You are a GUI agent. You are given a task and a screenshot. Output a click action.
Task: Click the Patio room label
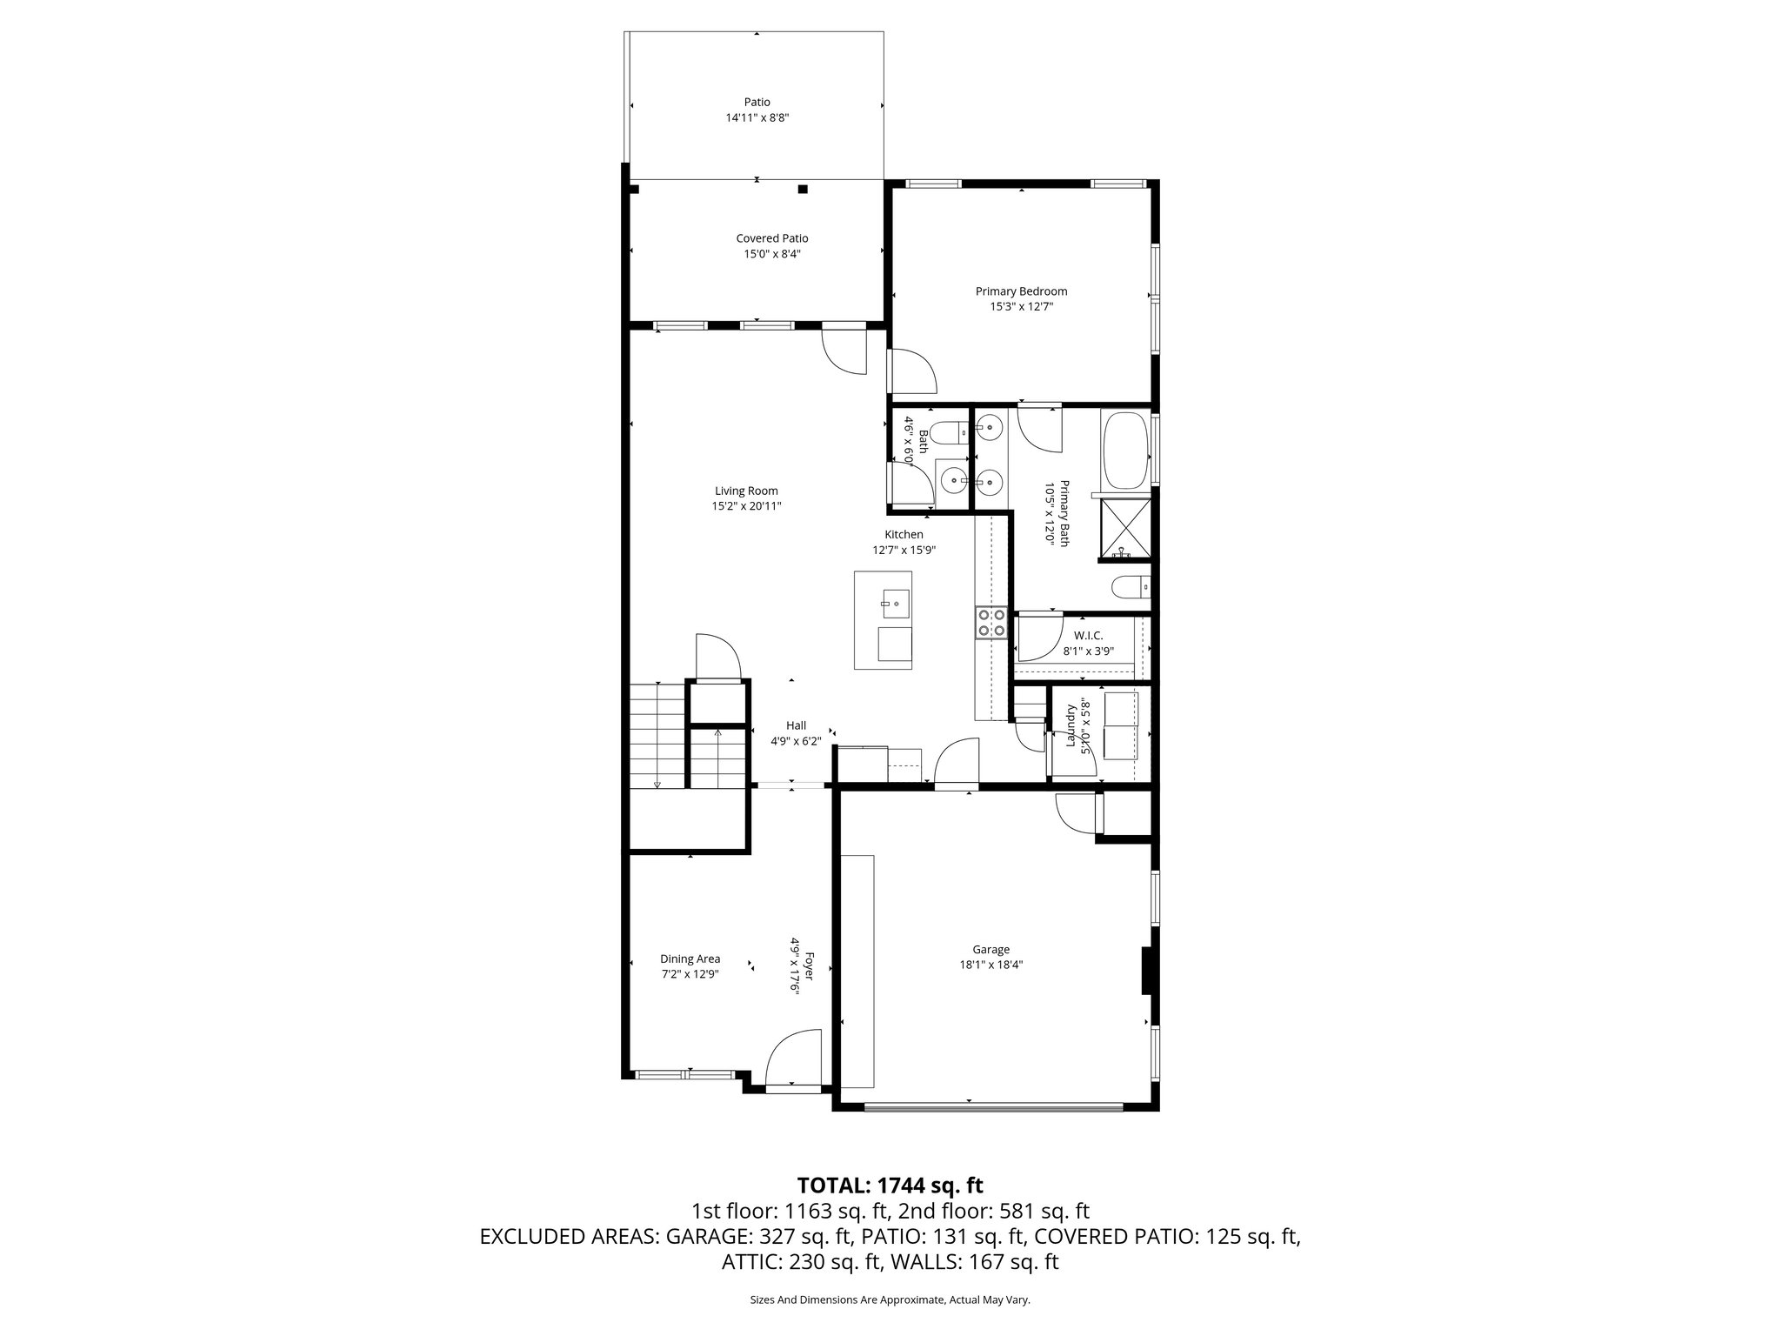(757, 102)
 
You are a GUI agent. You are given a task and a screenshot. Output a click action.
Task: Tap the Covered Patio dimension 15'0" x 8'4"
(771, 254)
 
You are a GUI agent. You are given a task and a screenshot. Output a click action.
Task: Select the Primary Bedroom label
(1021, 291)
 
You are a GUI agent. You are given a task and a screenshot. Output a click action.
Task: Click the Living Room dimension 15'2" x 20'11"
(746, 505)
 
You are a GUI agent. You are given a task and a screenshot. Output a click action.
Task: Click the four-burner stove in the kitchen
(991, 623)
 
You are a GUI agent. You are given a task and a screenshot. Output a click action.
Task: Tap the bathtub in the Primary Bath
(1125, 450)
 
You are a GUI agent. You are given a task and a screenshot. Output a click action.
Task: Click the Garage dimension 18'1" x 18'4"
(991, 964)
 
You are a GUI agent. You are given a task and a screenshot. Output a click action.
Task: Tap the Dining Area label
(690, 959)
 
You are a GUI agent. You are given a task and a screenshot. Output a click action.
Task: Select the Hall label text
(796, 725)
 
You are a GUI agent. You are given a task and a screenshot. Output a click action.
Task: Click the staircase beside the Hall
(658, 736)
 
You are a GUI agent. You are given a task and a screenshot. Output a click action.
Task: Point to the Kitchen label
(904, 534)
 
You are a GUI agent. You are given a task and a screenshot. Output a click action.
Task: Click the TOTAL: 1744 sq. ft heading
(890, 1185)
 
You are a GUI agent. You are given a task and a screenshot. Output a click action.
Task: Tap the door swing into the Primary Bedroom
(911, 372)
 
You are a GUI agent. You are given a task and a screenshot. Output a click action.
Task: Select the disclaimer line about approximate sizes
(890, 1299)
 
